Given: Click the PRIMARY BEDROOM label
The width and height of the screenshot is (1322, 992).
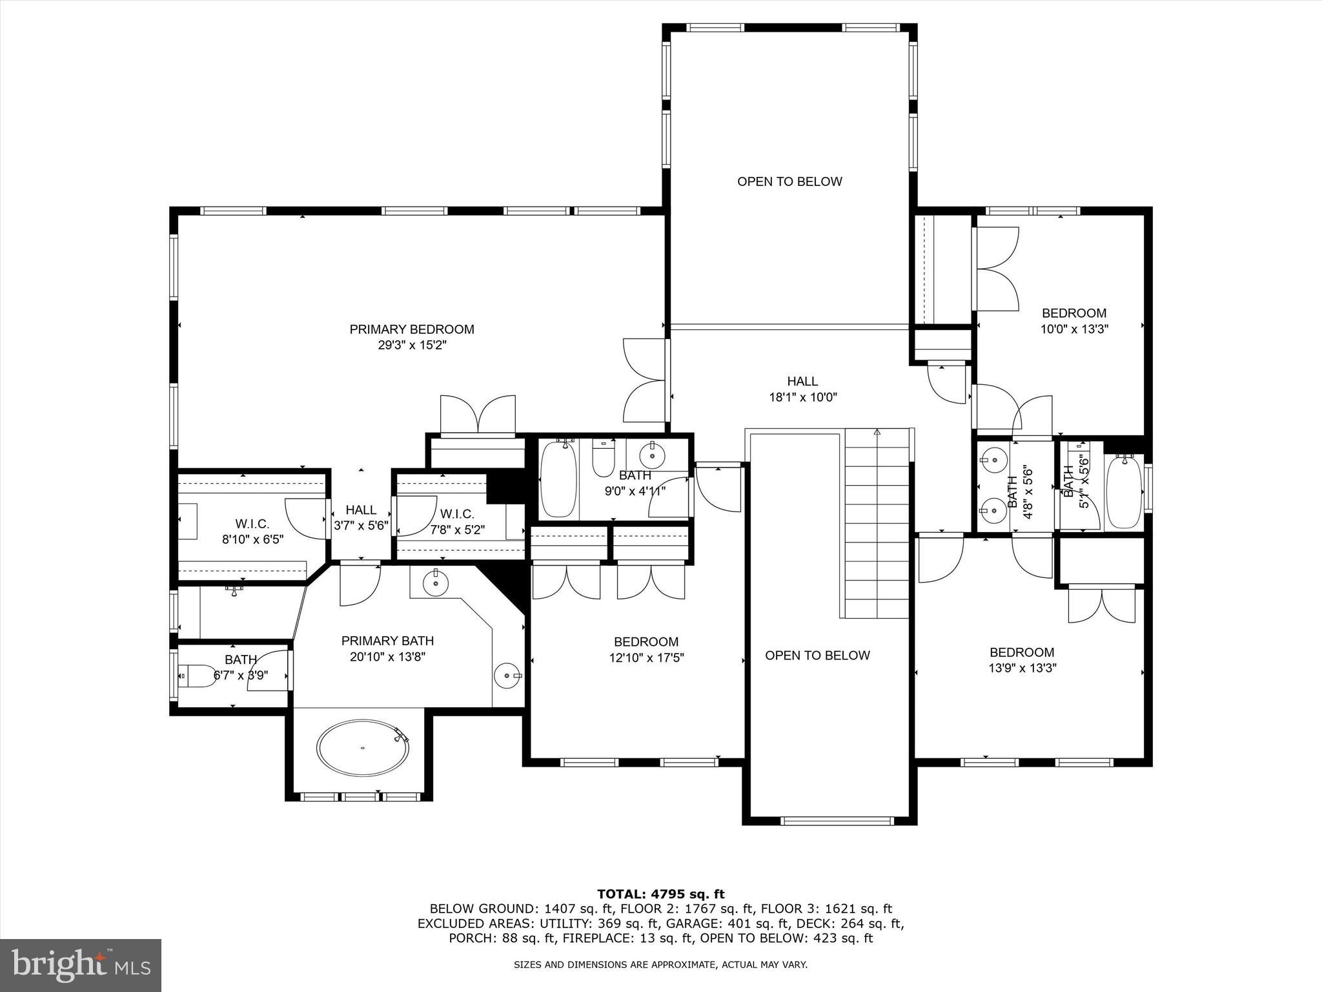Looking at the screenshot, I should [412, 329].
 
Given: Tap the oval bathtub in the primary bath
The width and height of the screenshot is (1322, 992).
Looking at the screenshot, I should [363, 747].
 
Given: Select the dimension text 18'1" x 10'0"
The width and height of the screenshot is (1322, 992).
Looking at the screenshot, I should [802, 398].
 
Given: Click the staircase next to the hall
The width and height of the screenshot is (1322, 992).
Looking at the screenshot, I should [877, 523].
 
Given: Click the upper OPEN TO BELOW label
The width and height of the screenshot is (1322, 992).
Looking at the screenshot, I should [789, 181].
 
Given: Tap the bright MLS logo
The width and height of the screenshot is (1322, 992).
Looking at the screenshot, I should [81, 965].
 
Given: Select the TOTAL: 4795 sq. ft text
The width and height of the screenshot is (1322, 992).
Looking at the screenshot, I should [660, 894].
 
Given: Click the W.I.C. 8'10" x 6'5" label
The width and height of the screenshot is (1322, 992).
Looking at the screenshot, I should [252, 531].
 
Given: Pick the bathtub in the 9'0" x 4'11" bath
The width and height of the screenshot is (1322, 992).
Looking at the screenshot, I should [557, 479].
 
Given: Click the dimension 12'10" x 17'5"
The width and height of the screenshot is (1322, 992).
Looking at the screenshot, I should [646, 658].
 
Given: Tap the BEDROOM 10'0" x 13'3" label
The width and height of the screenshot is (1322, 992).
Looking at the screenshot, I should [1073, 320].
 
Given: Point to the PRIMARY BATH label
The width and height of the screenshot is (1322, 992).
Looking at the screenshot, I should [387, 641].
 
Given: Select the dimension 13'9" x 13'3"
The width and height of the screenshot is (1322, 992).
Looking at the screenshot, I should [1022, 668].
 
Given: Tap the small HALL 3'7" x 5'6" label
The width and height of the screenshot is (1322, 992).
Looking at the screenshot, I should [361, 517].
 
